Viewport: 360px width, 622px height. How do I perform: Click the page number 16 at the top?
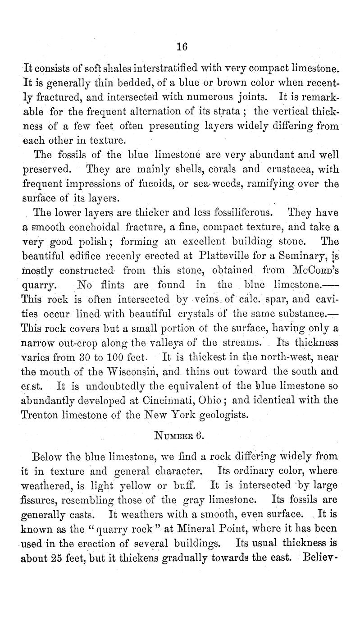pyautogui.click(x=182, y=46)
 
